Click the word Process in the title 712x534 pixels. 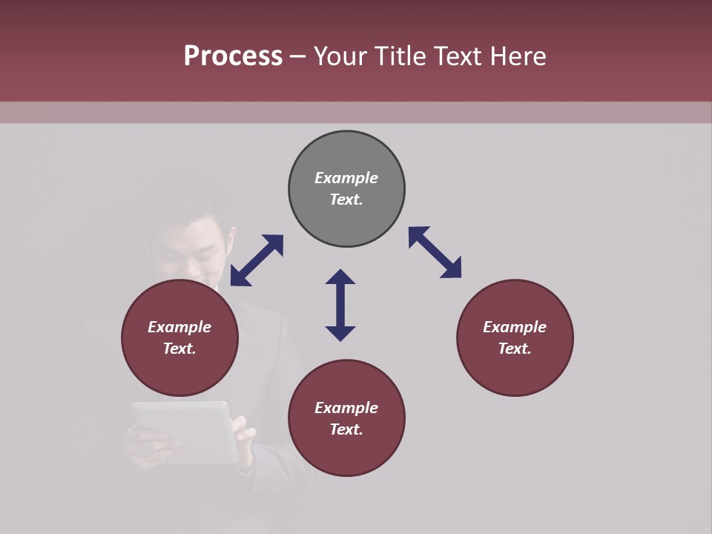click(x=233, y=56)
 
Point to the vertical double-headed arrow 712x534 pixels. click(x=340, y=305)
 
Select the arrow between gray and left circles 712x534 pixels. click(x=257, y=260)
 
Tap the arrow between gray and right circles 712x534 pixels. click(x=435, y=252)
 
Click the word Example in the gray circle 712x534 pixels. click(x=346, y=178)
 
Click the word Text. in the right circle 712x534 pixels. click(x=515, y=349)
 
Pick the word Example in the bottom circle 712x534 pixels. click(x=346, y=408)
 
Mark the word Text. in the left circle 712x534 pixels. click(x=179, y=349)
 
